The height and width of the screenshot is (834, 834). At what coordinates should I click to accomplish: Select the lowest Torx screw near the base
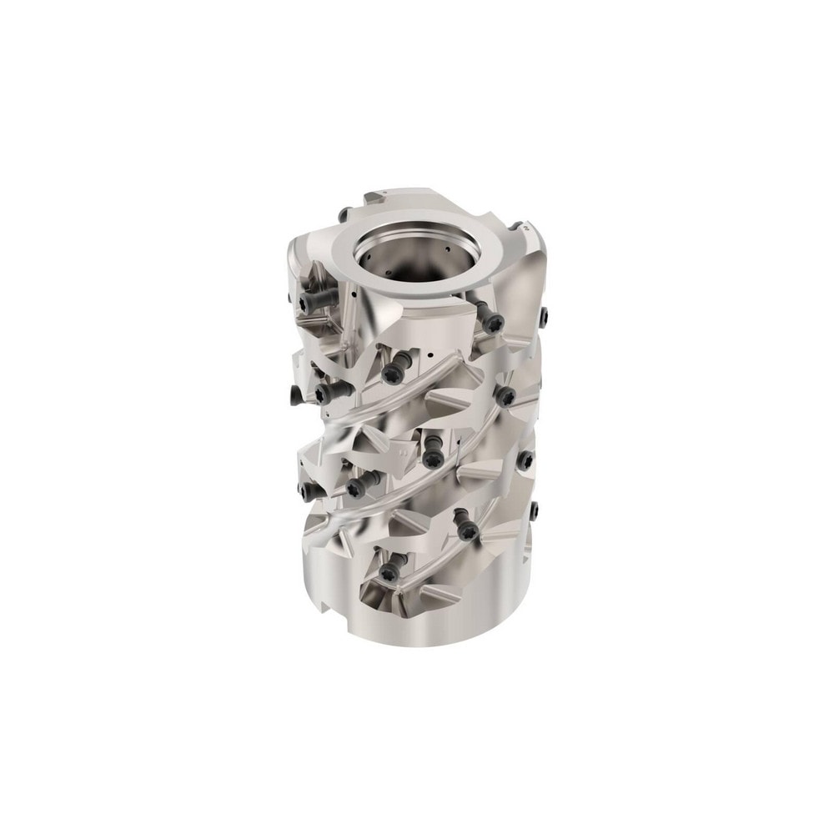(x=389, y=572)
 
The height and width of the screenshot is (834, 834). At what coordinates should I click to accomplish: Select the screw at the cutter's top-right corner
(x=544, y=316)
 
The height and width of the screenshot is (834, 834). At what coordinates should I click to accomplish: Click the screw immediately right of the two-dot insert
(x=432, y=458)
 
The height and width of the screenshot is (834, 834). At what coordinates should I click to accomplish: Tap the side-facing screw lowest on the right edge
(x=535, y=508)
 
